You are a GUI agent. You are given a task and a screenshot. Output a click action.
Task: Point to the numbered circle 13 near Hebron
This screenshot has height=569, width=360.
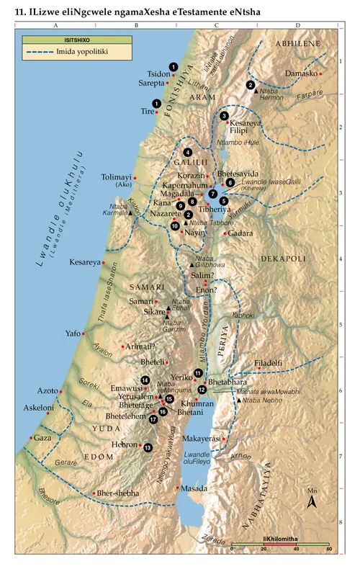(x=148, y=447)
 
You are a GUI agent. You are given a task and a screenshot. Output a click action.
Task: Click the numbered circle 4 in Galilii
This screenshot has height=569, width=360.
(x=188, y=152)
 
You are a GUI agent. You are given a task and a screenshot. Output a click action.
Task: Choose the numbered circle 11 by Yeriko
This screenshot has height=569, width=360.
(x=198, y=372)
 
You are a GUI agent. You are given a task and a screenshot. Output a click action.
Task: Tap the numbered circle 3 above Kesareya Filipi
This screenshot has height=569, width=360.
(x=225, y=116)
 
